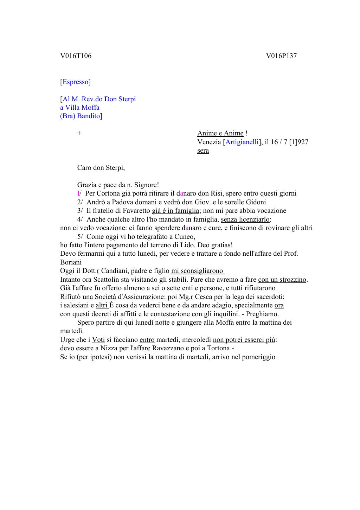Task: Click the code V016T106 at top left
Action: pyautogui.click(x=76, y=56)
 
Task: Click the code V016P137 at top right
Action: pyautogui.click(x=281, y=56)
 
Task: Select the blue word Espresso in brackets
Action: pyautogui.click(x=75, y=82)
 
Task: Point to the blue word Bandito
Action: pyautogui.click(x=89, y=116)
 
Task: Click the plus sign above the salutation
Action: pyautogui.click(x=79, y=133)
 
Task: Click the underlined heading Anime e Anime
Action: pyautogui.click(x=220, y=133)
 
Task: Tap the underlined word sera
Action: pyautogui.click(x=203, y=151)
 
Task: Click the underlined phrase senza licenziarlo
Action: pyautogui.click(x=245, y=219)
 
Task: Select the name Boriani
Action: pyautogui.click(x=71, y=262)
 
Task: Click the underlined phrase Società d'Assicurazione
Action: pyautogui.click(x=129, y=297)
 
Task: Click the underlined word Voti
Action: pyautogui.click(x=98, y=340)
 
